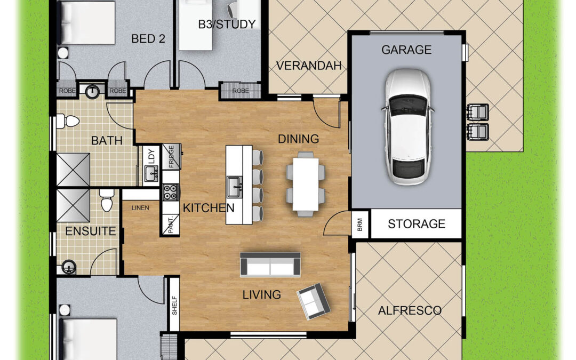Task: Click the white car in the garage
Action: pyautogui.click(x=408, y=127)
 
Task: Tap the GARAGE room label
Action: pyautogui.click(x=406, y=50)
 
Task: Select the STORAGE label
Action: pyautogui.click(x=417, y=223)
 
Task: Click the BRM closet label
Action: pyautogui.click(x=359, y=225)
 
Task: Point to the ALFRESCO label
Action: pyautogui.click(x=410, y=310)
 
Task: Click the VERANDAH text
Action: pyautogui.click(x=309, y=66)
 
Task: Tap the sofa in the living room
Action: pyautogui.click(x=270, y=265)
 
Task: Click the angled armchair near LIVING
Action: pyautogui.click(x=314, y=301)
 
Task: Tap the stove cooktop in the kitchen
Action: pyautogui.click(x=170, y=192)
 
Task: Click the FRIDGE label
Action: pyautogui.click(x=171, y=156)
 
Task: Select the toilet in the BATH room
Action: pyautogui.click(x=68, y=121)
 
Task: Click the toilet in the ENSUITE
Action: pyautogui.click(x=107, y=201)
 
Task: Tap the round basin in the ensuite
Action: pyautogui.click(x=69, y=267)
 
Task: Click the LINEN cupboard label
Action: pyautogui.click(x=140, y=208)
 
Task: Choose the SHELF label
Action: pyautogui.click(x=174, y=306)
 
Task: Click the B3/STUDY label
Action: pyautogui.click(x=227, y=24)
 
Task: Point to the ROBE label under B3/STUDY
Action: pyautogui.click(x=241, y=90)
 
